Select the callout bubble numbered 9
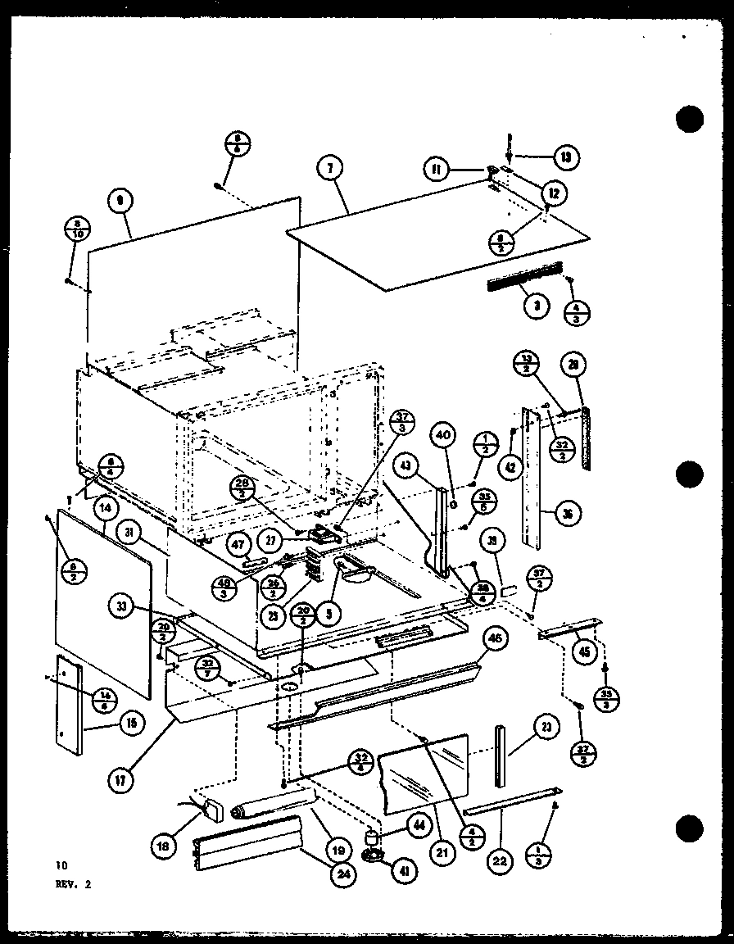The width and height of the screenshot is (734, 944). point(120,199)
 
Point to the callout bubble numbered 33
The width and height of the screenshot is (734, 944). point(120,607)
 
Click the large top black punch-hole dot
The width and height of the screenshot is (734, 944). point(690,120)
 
